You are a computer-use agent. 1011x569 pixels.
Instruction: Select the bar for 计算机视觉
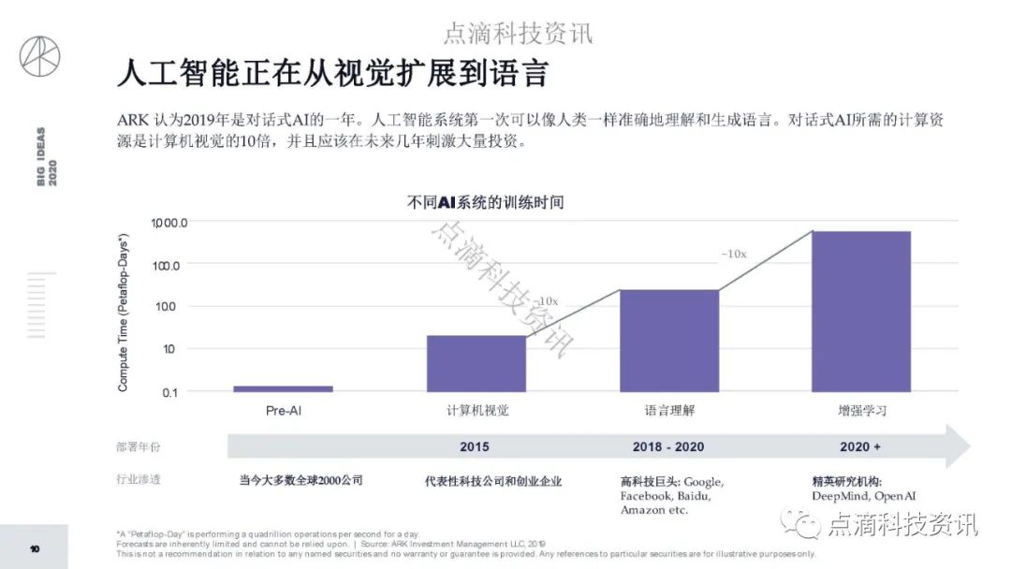[x=476, y=363]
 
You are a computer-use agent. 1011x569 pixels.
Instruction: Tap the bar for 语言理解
[x=669, y=341]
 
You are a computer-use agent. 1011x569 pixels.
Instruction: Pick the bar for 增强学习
[x=861, y=311]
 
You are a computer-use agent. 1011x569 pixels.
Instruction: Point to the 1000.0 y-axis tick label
[x=170, y=223]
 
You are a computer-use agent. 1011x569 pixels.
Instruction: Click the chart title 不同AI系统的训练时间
[x=486, y=201]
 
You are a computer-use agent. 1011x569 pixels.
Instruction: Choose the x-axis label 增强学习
[x=862, y=410]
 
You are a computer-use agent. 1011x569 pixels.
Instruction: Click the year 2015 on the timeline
[x=475, y=446]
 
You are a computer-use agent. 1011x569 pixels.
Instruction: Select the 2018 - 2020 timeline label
[x=668, y=446]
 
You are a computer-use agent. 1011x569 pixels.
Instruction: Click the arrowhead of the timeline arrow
[x=957, y=446]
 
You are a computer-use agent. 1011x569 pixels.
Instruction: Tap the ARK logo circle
[x=39, y=56]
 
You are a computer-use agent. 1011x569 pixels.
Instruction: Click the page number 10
[x=35, y=548]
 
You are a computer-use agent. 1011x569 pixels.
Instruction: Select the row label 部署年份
[x=139, y=447]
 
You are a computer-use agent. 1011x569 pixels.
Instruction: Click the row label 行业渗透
[x=139, y=479]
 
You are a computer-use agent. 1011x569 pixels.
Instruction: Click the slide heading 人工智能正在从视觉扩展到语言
[x=331, y=73]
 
